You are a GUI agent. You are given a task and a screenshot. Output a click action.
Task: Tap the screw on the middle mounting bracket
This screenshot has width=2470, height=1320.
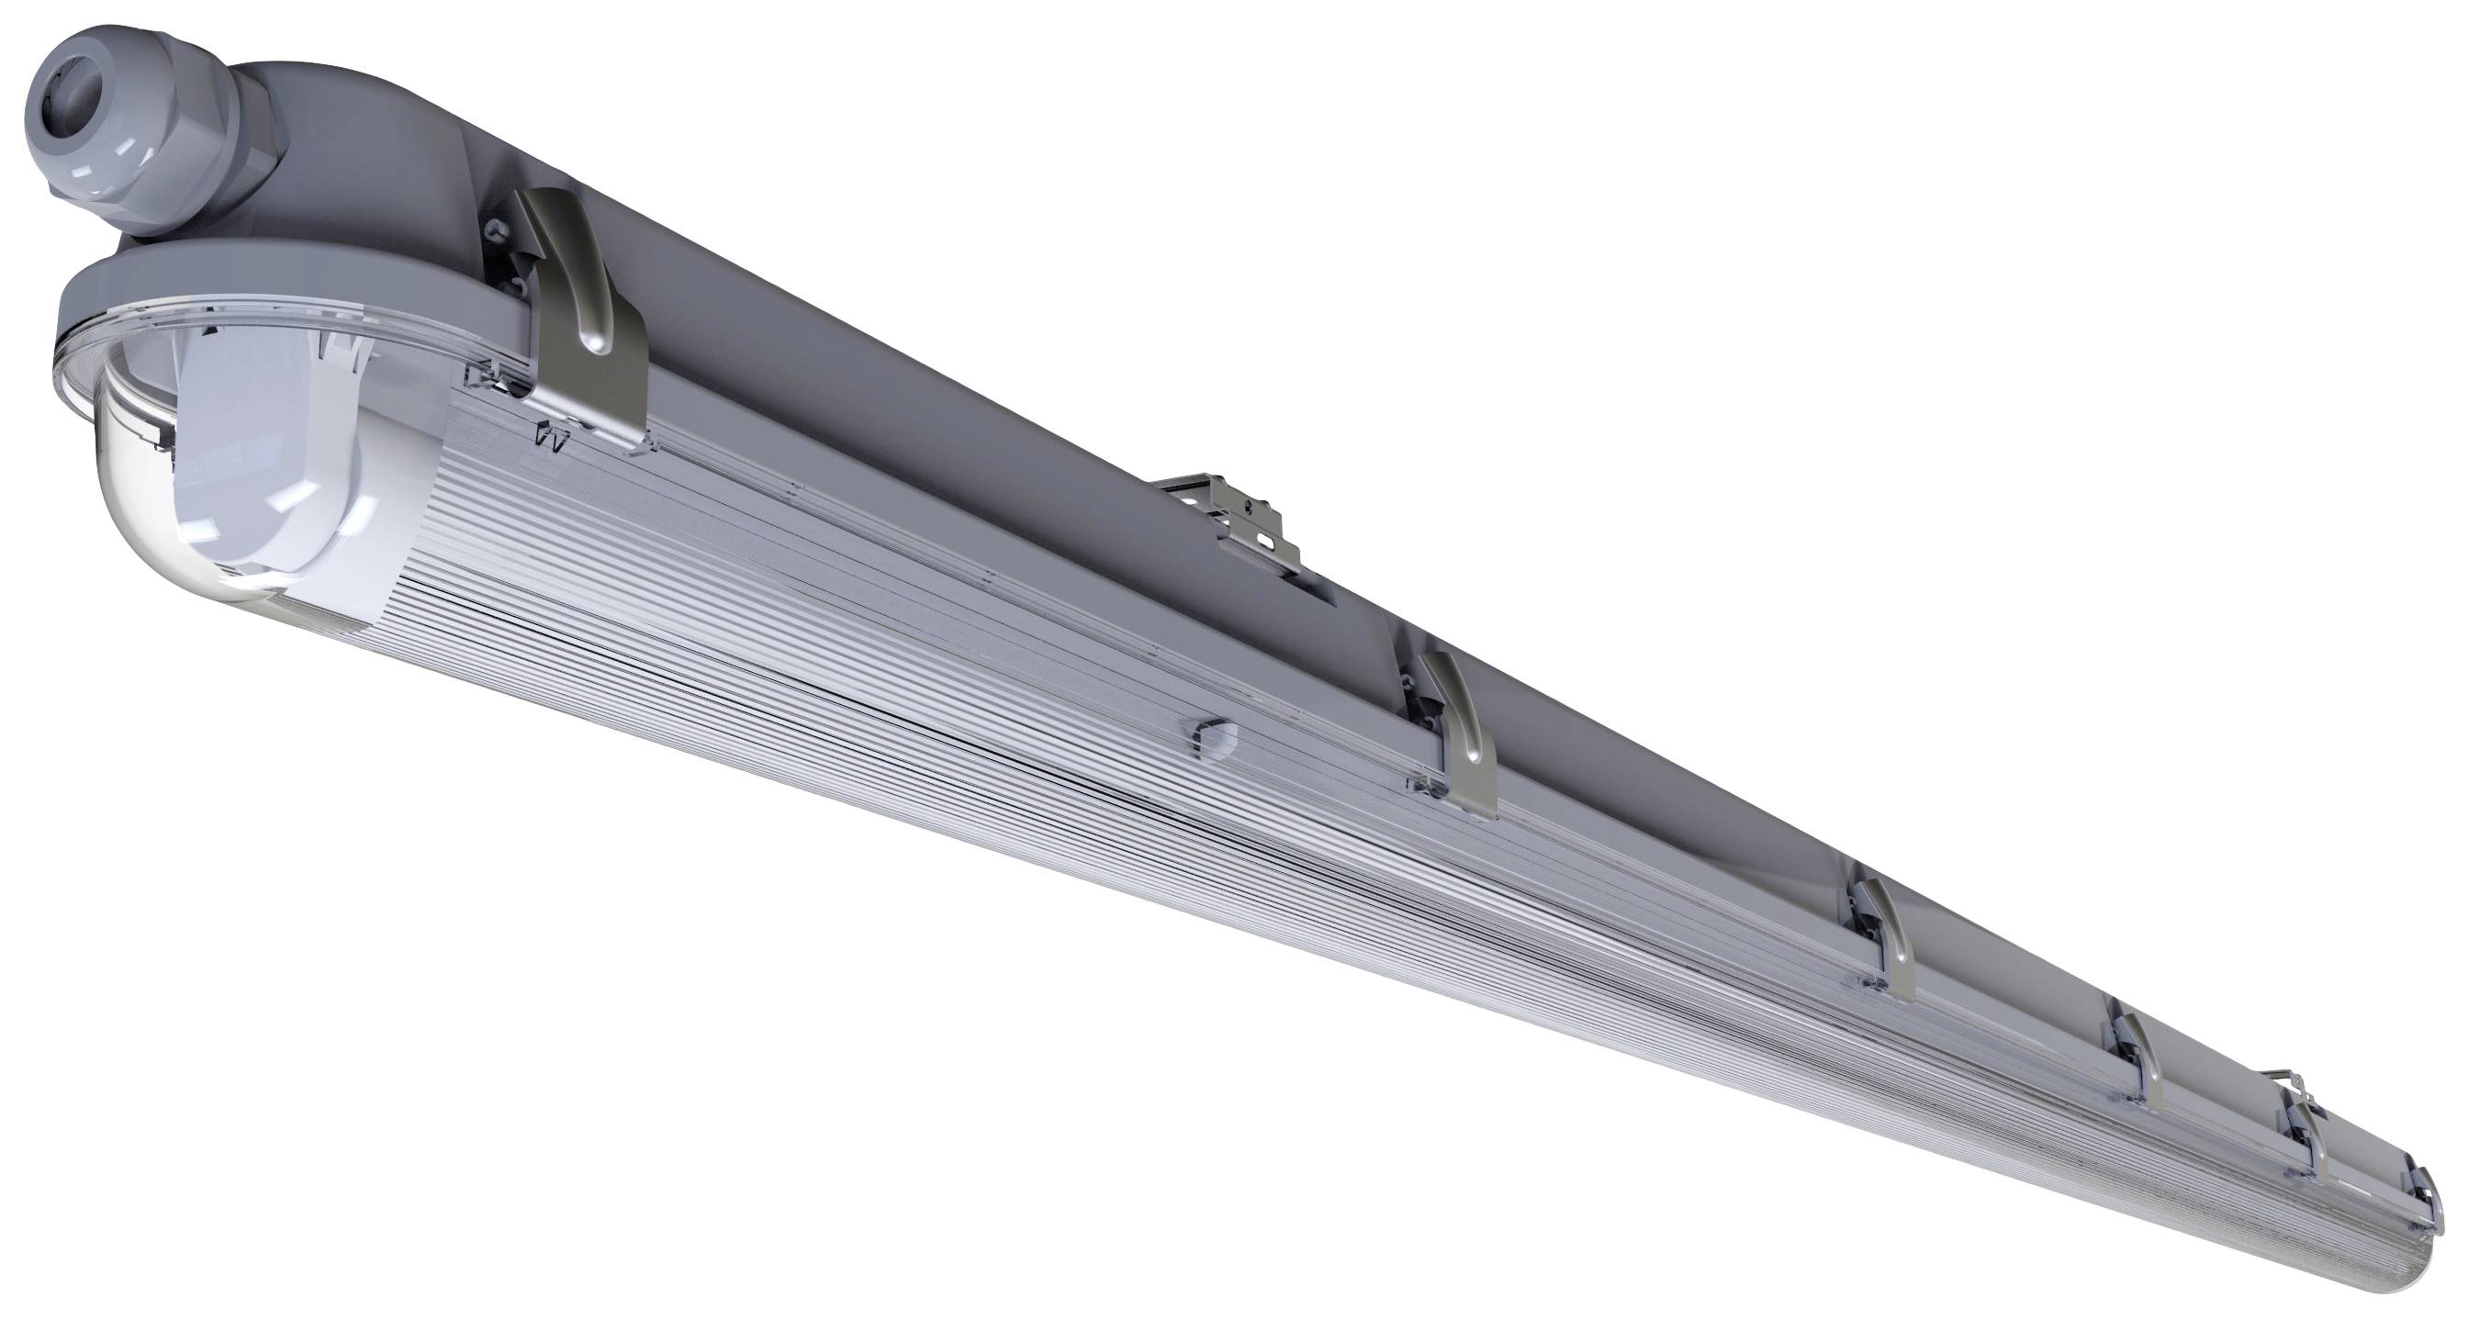(x=1247, y=502)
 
